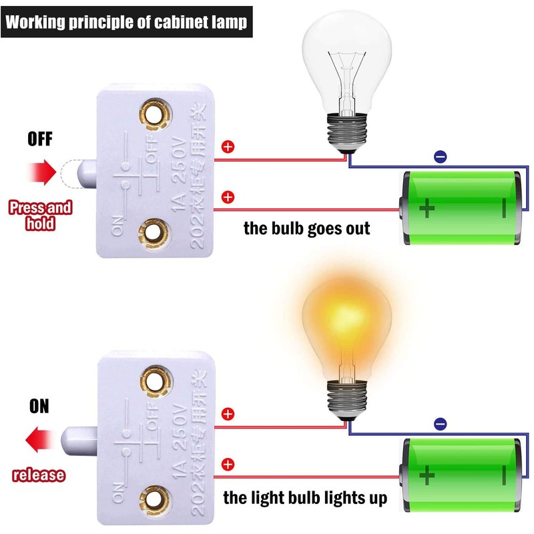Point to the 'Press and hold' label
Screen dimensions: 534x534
40,215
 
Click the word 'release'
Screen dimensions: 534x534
39,475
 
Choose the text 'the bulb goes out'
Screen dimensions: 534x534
306,228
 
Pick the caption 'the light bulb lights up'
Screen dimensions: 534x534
305,497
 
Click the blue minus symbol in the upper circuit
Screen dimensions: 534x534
441,157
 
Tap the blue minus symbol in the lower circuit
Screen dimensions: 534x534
441,423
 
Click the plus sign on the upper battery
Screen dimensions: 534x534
427,209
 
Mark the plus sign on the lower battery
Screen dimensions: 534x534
427,476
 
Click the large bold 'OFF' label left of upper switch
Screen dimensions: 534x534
39,140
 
